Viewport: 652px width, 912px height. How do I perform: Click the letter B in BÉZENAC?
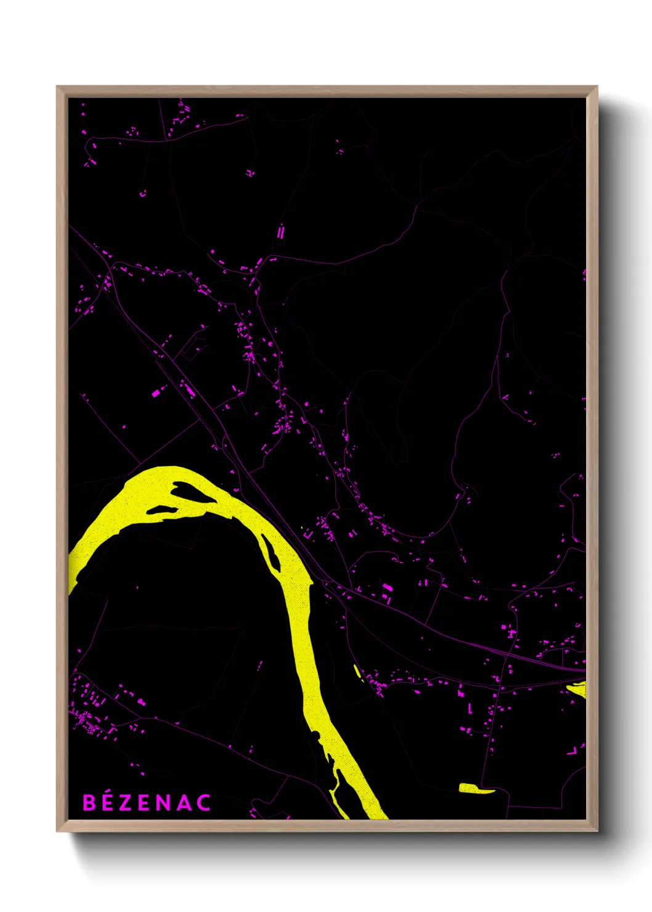tap(89, 803)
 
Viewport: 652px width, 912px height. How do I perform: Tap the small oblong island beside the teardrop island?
tap(160, 510)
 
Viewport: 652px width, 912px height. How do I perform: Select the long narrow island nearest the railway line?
tap(271, 552)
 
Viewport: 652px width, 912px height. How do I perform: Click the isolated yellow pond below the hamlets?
tap(476, 788)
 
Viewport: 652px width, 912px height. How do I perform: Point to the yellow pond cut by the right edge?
tap(577, 688)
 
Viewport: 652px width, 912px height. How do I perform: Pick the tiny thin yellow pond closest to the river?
tap(357, 670)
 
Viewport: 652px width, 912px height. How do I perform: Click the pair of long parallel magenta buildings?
tap(281, 232)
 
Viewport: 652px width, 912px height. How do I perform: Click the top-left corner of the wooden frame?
tap(57, 87)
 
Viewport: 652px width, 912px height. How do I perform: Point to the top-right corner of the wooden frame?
tap(597, 87)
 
